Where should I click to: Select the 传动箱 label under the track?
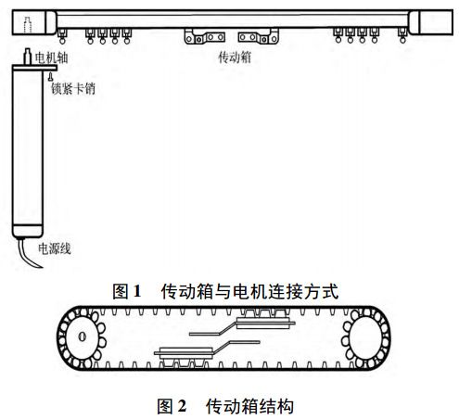(232, 57)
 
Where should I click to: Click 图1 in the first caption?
(126, 291)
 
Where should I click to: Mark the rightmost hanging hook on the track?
(401, 37)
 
